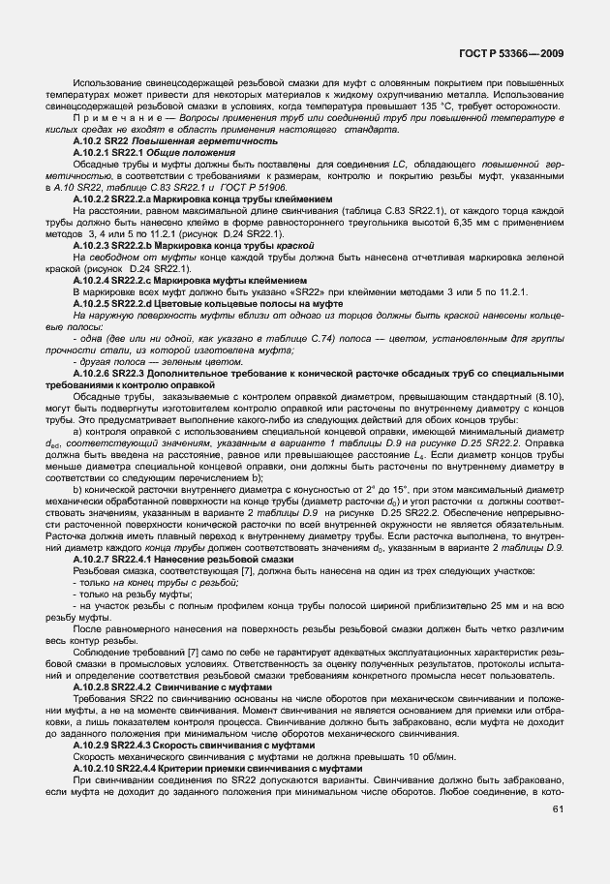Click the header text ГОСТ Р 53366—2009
tap(523, 53)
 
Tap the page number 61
tap(558, 809)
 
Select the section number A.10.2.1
tap(93, 152)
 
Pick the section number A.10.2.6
tap(93, 369)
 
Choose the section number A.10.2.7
tap(93, 559)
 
